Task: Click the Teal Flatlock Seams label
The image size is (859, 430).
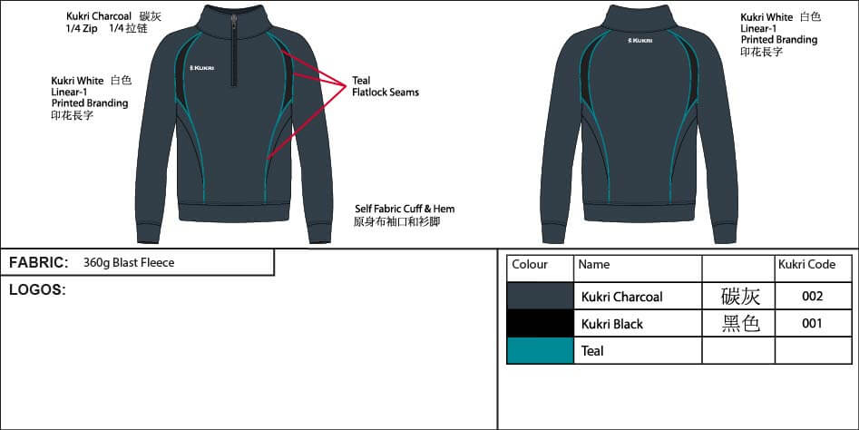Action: coord(385,86)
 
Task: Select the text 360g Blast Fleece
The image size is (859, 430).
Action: coord(128,263)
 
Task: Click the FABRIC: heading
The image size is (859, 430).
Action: coord(39,263)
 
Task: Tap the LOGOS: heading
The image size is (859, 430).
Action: coord(37,290)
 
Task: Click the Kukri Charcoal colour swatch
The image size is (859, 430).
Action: coord(540,296)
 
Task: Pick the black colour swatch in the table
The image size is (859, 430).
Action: coord(540,323)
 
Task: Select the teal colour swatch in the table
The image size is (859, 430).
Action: coord(540,350)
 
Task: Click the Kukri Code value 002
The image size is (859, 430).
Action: coord(812,297)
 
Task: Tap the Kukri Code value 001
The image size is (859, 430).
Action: coord(812,324)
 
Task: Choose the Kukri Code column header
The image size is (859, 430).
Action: coord(806,265)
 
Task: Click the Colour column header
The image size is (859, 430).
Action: coord(530,265)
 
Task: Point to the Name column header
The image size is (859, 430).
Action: coord(594,265)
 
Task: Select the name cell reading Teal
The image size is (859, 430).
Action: coord(592,351)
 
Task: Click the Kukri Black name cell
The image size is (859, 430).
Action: coord(612,324)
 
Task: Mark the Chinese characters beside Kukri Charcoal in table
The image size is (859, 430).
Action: coord(740,297)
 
